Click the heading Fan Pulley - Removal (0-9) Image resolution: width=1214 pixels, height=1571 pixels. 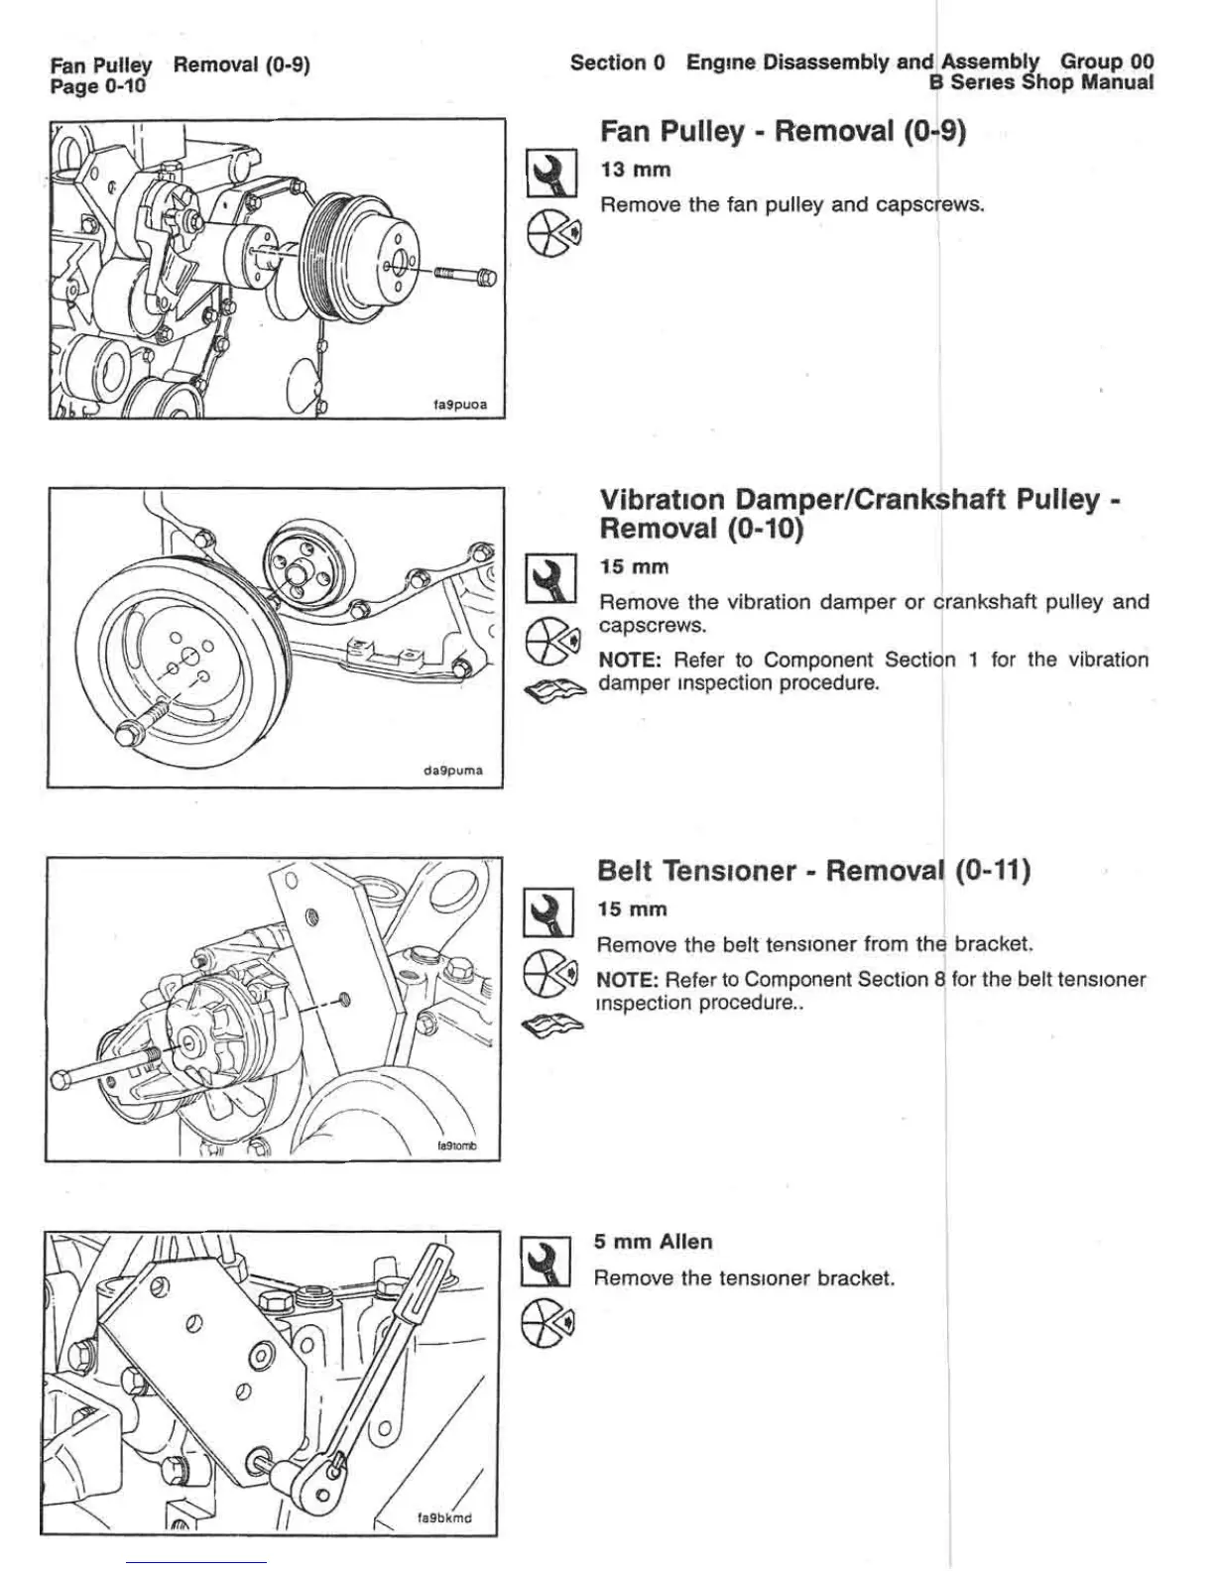tap(783, 131)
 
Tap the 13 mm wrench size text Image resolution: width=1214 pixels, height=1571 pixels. tap(636, 170)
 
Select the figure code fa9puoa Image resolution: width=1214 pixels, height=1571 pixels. tap(460, 405)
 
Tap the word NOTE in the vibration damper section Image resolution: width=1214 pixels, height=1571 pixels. tap(629, 661)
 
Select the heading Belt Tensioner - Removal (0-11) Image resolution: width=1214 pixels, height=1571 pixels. tap(813, 871)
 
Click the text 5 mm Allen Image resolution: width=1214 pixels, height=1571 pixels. tap(653, 1242)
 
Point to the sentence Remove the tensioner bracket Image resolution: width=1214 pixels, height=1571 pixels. tap(744, 1278)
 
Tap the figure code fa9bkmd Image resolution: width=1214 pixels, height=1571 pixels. tap(444, 1517)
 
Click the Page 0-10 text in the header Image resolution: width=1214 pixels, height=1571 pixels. tap(97, 86)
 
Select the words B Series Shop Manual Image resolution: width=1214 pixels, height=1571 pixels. tap(1041, 83)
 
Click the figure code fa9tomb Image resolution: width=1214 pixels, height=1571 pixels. tap(457, 1147)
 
